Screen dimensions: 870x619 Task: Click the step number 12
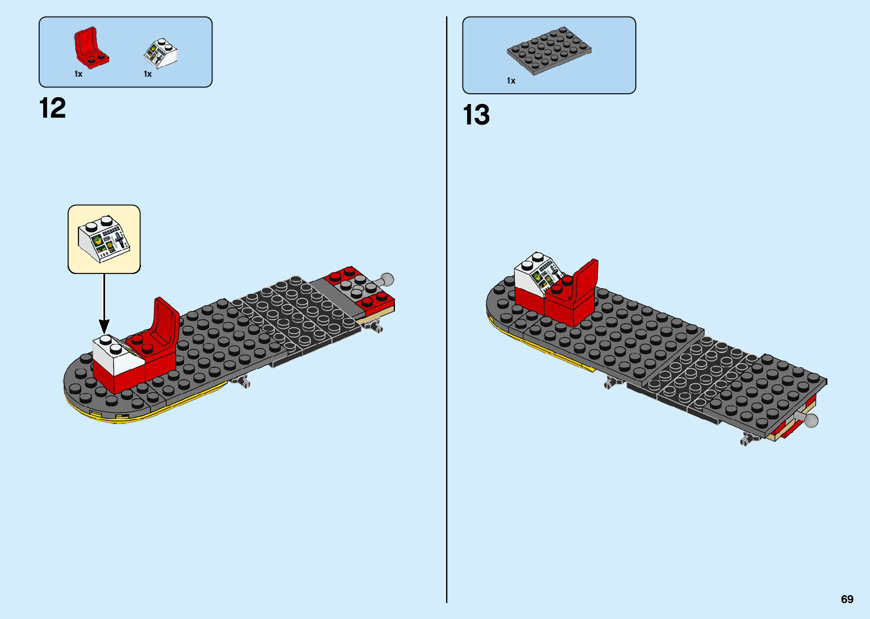(52, 108)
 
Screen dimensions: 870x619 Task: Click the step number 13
(476, 115)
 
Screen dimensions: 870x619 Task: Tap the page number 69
(847, 599)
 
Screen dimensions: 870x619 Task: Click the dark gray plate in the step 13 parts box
(549, 51)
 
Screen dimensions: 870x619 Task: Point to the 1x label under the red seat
(78, 74)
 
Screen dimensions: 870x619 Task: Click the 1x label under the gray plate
(511, 81)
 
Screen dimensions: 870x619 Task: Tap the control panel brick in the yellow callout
(105, 239)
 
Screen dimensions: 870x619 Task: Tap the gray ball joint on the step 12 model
(386, 280)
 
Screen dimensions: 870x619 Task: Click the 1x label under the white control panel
(148, 74)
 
